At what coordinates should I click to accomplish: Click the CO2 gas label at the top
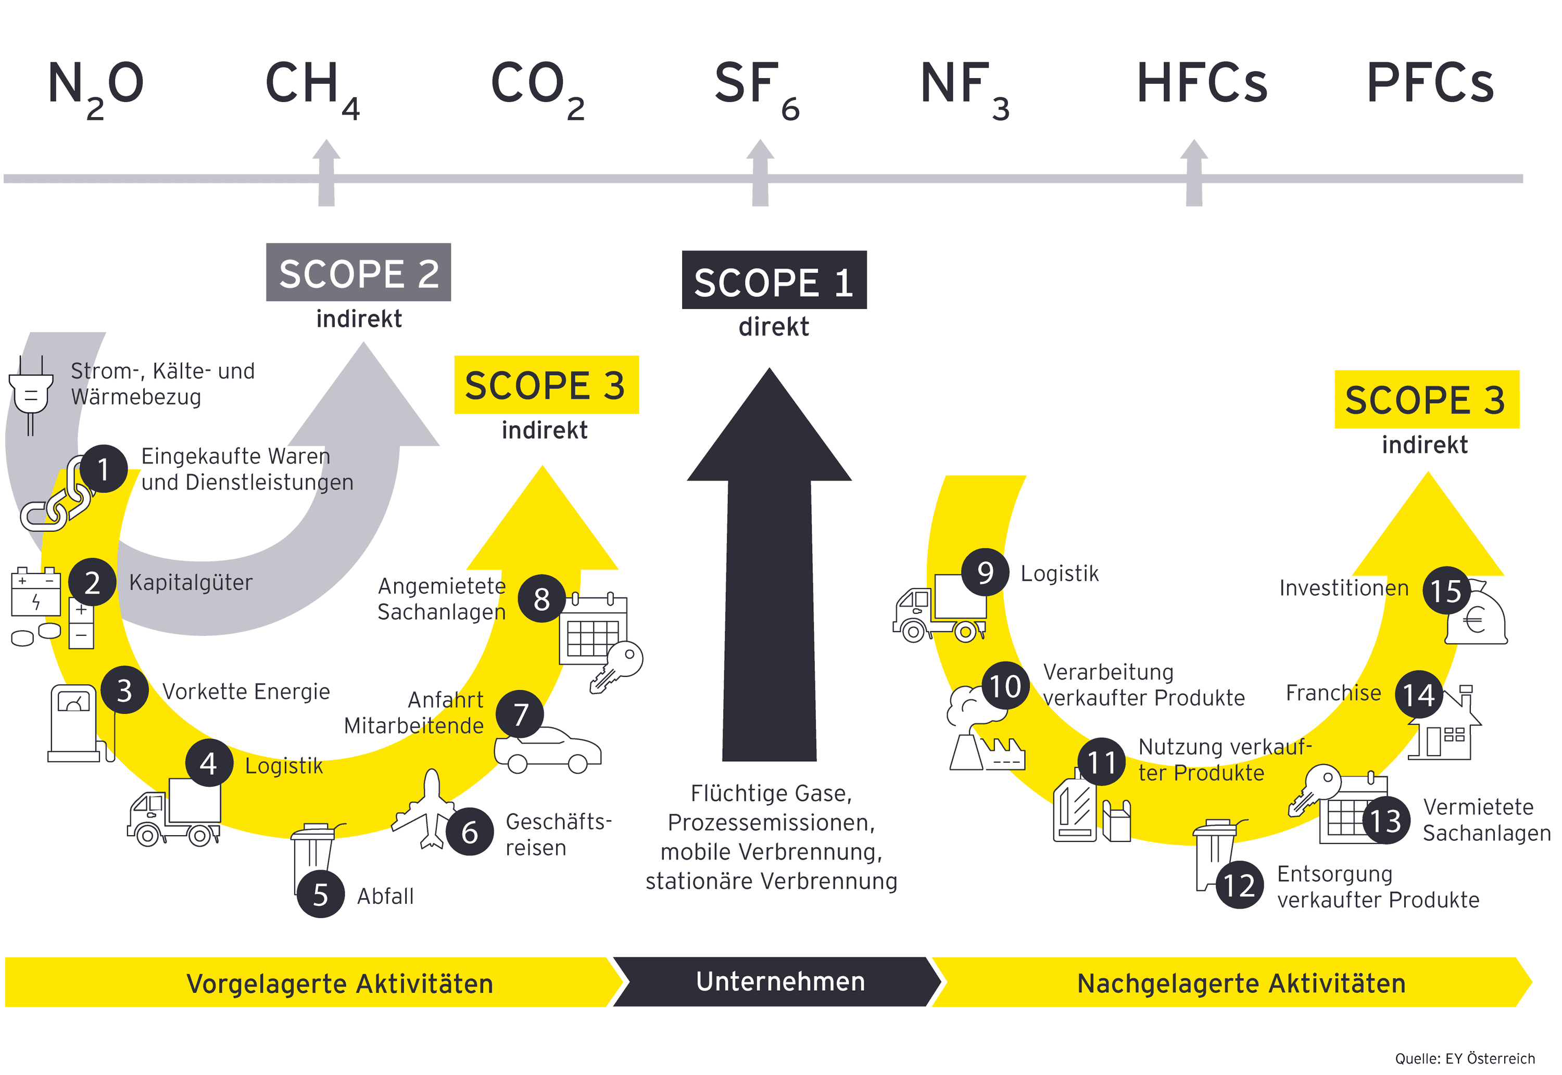pyautogui.click(x=537, y=85)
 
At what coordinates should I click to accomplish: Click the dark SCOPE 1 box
pyautogui.click(x=774, y=280)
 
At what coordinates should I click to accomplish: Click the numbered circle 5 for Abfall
pyautogui.click(x=321, y=894)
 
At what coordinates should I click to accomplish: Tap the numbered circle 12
pyautogui.click(x=1239, y=885)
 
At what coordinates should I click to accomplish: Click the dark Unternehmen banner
pyautogui.click(x=779, y=982)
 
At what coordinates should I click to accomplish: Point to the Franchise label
pyautogui.click(x=1332, y=693)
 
